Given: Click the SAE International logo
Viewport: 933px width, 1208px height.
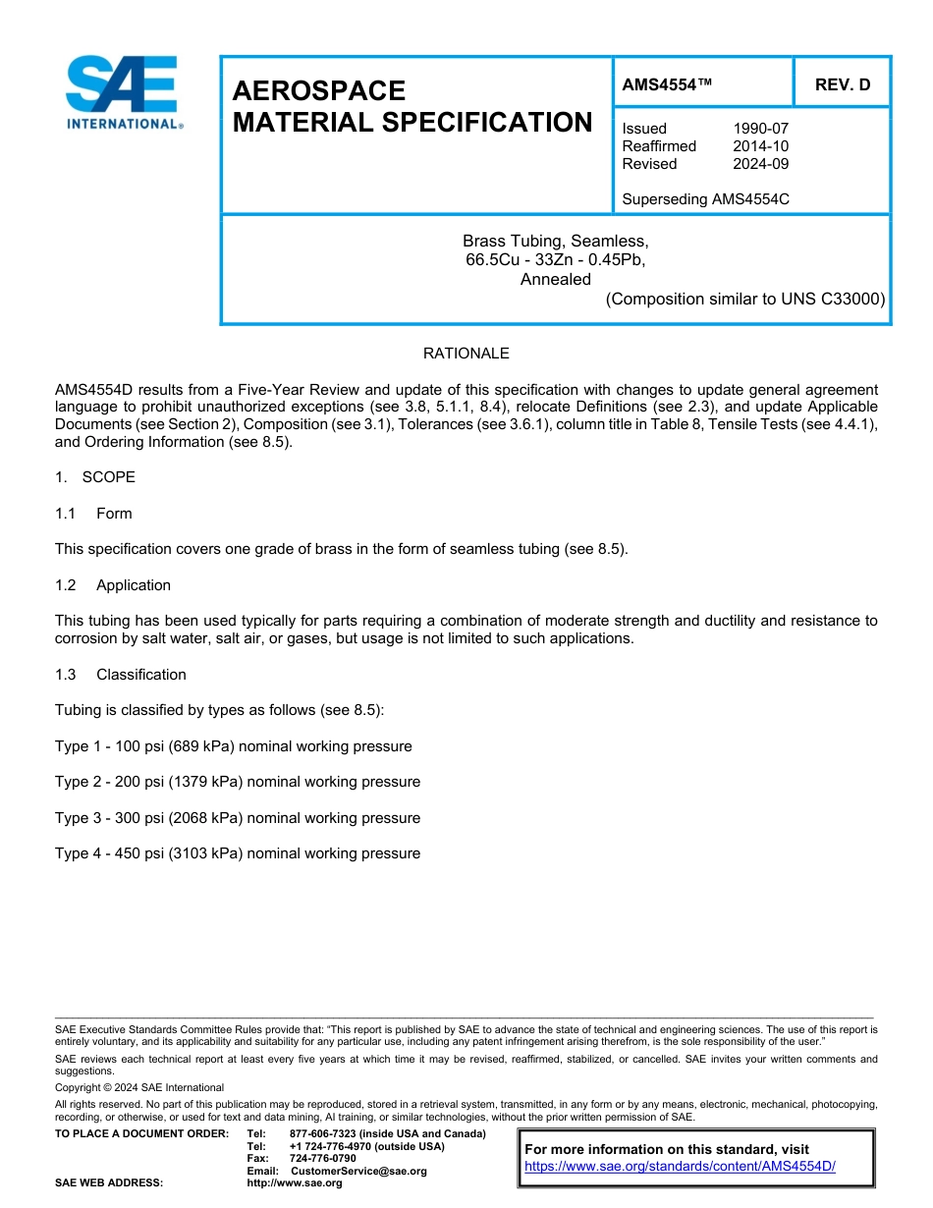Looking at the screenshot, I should click(123, 93).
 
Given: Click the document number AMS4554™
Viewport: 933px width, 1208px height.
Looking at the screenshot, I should click(667, 85).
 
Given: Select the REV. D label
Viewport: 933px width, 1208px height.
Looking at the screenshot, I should click(843, 85).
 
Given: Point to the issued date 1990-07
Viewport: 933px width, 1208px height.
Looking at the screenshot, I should click(760, 129).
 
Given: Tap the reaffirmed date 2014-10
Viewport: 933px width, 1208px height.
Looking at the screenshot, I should click(760, 146).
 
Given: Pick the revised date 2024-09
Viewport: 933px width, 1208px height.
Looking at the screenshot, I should click(760, 164).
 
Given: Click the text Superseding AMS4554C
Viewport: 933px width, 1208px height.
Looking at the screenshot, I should click(705, 199).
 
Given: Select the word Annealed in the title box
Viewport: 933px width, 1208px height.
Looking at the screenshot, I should click(555, 279).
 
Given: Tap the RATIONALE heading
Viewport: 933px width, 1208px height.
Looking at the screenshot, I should click(466, 354).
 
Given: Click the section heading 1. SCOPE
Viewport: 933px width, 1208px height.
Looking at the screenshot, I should click(95, 477).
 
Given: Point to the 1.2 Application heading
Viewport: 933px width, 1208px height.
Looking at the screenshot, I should click(113, 585).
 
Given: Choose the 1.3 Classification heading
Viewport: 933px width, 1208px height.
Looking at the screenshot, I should click(121, 675).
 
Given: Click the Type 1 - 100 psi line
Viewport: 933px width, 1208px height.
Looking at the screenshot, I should click(233, 746).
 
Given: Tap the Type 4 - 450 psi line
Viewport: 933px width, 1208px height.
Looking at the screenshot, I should click(237, 853).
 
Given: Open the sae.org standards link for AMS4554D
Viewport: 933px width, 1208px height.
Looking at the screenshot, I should click(680, 1166).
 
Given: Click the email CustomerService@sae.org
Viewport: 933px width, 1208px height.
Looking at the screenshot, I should click(359, 1171).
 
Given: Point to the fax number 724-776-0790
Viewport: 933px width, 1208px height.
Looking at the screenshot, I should click(323, 1159).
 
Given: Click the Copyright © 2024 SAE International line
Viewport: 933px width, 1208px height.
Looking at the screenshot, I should click(139, 1087).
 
